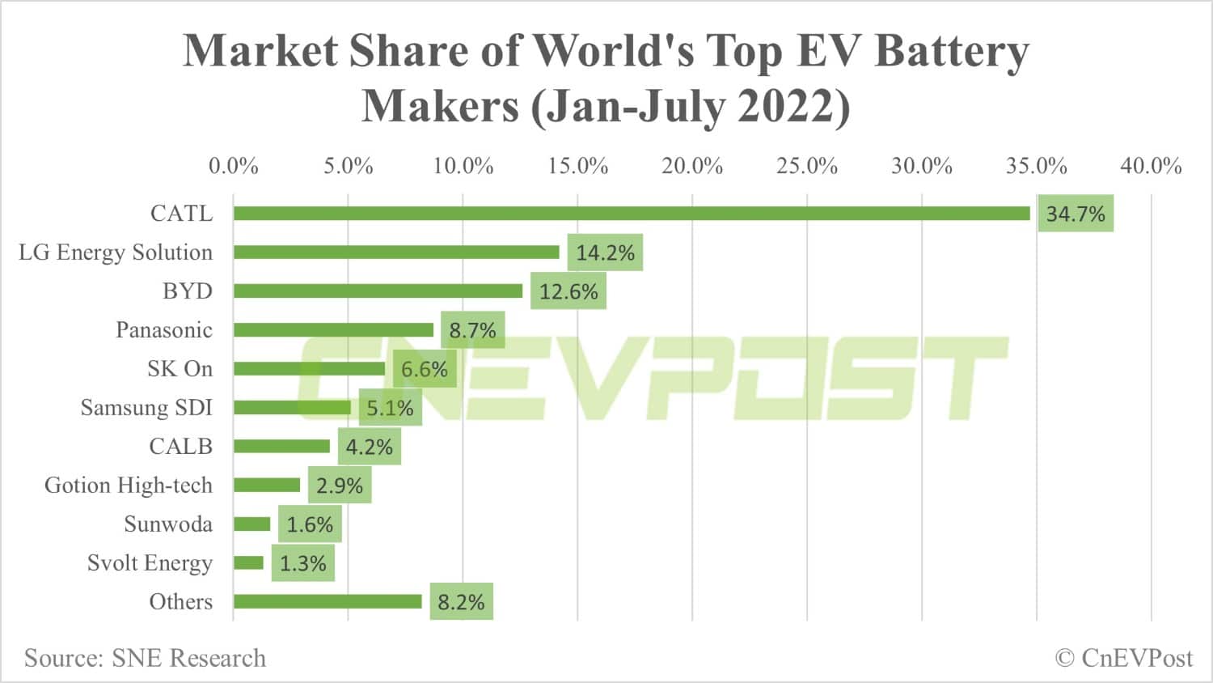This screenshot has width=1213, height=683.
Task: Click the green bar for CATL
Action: click(x=631, y=214)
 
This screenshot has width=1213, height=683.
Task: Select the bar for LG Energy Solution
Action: click(x=396, y=252)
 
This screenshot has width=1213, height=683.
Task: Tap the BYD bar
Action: click(x=378, y=291)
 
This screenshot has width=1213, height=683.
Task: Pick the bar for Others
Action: click(x=328, y=601)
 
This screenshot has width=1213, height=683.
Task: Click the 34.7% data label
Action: click(x=1076, y=214)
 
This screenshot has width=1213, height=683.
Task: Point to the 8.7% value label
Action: click(x=472, y=330)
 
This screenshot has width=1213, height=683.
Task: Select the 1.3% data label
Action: click(x=302, y=563)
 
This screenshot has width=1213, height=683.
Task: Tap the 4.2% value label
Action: click(x=369, y=447)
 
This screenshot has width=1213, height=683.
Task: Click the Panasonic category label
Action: click(x=164, y=330)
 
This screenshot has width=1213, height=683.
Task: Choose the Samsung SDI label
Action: click(x=146, y=408)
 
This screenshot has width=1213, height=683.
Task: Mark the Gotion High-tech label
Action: click(x=129, y=486)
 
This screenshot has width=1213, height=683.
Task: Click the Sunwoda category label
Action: click(x=168, y=524)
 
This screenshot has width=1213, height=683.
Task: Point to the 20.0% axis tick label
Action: click(x=692, y=166)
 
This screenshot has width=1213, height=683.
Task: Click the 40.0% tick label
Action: click(x=1151, y=166)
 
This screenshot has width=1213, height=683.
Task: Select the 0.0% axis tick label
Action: click(x=234, y=166)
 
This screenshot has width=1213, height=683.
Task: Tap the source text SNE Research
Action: click(x=145, y=658)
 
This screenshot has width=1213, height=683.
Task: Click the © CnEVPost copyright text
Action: click(x=1124, y=658)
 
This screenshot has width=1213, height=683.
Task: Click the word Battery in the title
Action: click(x=952, y=51)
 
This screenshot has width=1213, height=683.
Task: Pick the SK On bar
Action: click(x=309, y=369)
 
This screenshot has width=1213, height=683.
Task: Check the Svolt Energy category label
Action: click(x=150, y=563)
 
